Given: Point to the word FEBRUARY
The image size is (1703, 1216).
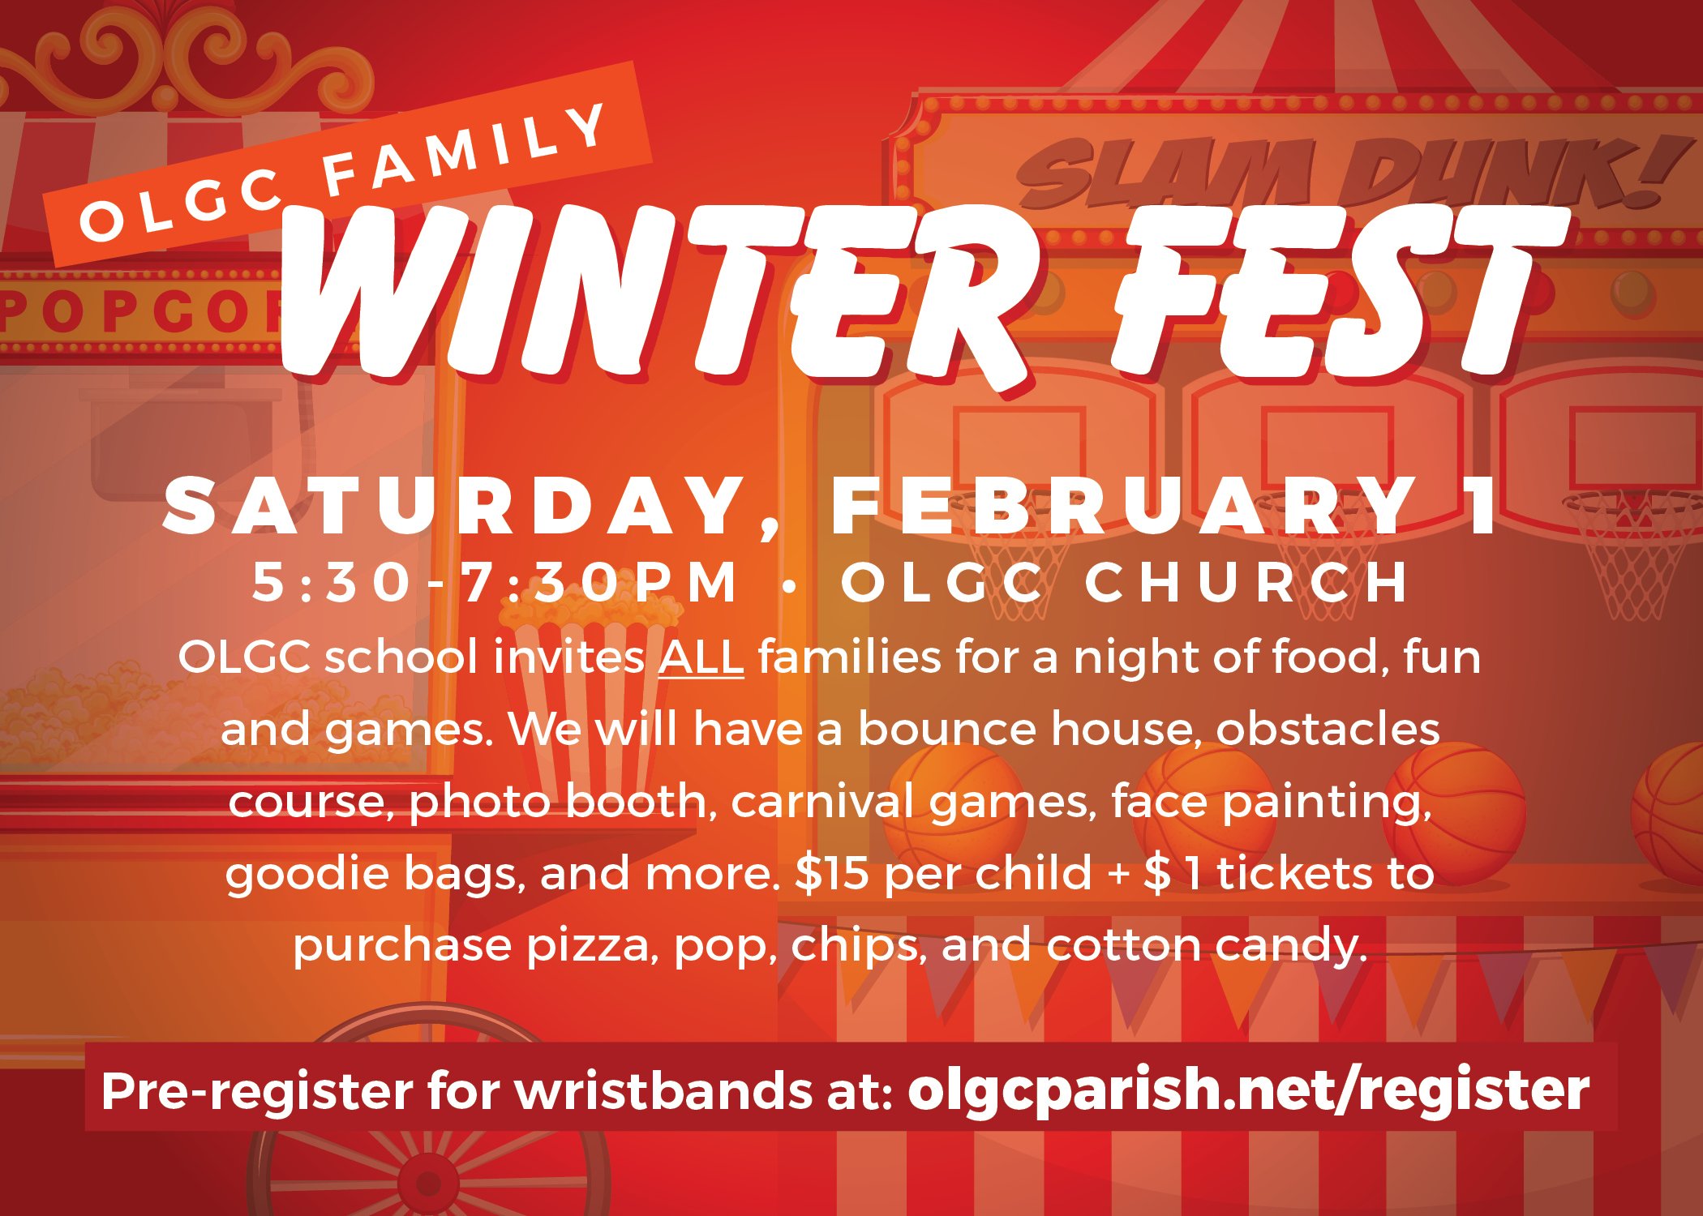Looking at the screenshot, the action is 1123,507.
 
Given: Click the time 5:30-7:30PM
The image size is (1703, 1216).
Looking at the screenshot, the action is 495,581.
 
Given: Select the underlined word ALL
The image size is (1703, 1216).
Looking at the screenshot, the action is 701,657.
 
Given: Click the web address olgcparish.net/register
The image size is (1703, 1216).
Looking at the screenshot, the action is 1249,1090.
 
